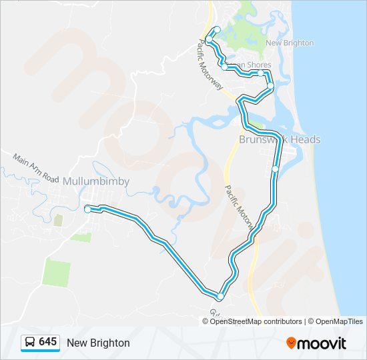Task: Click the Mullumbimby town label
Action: (96, 181)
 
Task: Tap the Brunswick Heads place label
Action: (280, 139)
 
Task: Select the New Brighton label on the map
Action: (289, 43)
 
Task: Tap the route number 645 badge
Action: (47, 342)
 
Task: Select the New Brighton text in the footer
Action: (98, 343)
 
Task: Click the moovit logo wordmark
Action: (322, 343)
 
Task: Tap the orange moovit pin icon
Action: (291, 343)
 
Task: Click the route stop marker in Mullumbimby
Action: (87, 209)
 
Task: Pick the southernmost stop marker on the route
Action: (220, 296)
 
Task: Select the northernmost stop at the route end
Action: (217, 29)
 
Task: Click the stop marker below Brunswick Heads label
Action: (275, 169)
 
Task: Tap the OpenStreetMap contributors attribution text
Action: (256, 321)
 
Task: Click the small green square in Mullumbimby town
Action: (58, 219)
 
